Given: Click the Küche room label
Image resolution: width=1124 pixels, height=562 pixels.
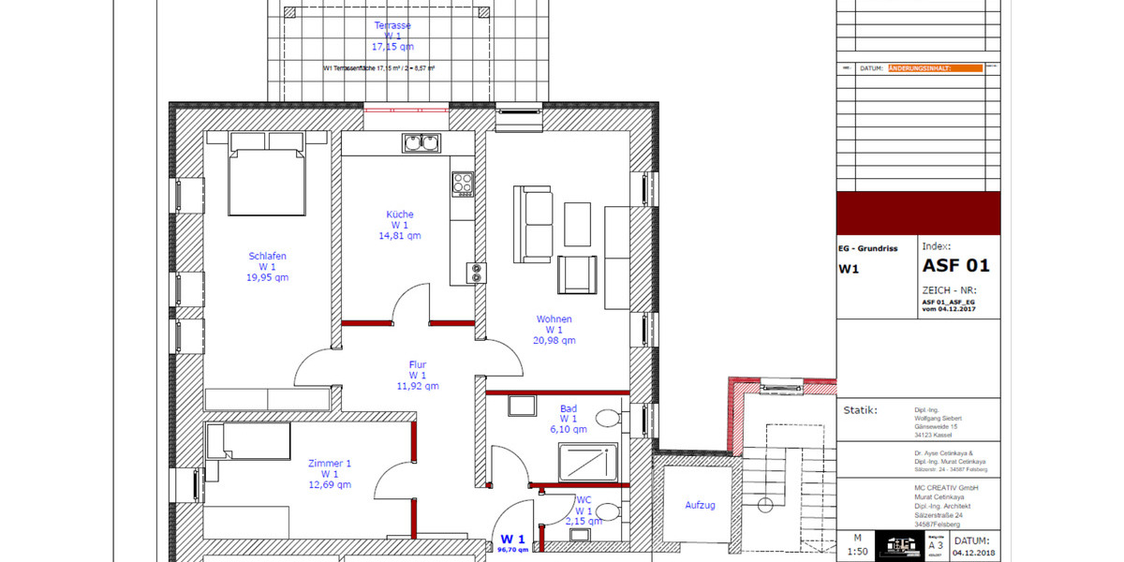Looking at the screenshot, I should click(x=400, y=214).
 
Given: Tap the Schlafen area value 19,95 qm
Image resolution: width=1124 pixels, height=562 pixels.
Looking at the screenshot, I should click(x=267, y=277).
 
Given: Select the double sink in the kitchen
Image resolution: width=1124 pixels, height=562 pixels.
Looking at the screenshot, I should click(x=421, y=143).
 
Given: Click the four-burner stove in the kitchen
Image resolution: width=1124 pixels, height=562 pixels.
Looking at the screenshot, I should click(x=463, y=184).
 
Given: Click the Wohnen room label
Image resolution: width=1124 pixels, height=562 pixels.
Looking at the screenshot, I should click(x=554, y=319).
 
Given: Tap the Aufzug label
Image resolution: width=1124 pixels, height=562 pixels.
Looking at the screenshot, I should click(x=700, y=505).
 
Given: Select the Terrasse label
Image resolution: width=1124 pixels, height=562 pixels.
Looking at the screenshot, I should click(x=392, y=25).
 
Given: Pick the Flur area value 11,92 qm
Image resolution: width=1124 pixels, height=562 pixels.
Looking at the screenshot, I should click(x=418, y=386).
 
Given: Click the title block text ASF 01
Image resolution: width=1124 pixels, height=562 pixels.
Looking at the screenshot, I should click(x=955, y=266).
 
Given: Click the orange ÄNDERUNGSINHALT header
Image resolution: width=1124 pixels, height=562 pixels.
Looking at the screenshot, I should click(x=934, y=68).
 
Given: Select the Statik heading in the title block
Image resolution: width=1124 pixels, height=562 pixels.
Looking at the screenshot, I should click(x=860, y=409).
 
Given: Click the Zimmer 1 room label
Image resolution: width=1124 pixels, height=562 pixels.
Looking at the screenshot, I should click(x=330, y=463).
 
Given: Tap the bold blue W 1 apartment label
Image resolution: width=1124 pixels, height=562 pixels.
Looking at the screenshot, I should click(x=512, y=539).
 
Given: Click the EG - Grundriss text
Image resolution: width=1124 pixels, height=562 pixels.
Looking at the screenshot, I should click(x=867, y=249).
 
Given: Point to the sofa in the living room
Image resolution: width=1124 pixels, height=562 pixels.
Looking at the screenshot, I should click(x=538, y=224).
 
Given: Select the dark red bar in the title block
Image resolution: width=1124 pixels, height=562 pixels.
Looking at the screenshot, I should click(x=918, y=213).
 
